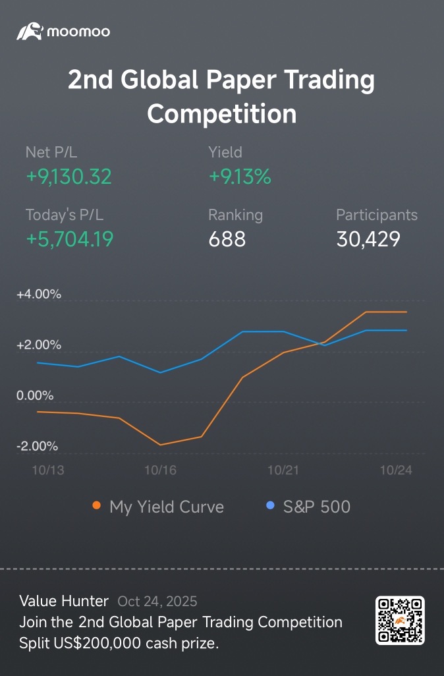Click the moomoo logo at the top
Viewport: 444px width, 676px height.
pos(63,31)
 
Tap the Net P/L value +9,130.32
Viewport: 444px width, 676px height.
pos(69,177)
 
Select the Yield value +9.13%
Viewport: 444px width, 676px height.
pos(240,177)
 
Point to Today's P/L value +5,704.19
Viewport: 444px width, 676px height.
pos(70,239)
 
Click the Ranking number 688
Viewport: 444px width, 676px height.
pos(227,239)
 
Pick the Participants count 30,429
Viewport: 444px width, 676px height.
pos(368,239)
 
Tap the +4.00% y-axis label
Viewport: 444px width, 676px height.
pos(39,295)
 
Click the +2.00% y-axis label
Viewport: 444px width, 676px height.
pos(39,345)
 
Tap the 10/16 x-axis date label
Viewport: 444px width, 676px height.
pos(160,470)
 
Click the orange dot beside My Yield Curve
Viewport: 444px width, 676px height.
pos(97,506)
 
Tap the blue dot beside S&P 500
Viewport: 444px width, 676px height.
pos(269,506)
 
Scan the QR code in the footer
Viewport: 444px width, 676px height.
pos(400,620)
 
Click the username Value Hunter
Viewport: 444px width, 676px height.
pos(64,601)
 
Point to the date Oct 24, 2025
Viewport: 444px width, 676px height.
pos(157,601)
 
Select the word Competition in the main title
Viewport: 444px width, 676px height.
pos(221,113)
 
